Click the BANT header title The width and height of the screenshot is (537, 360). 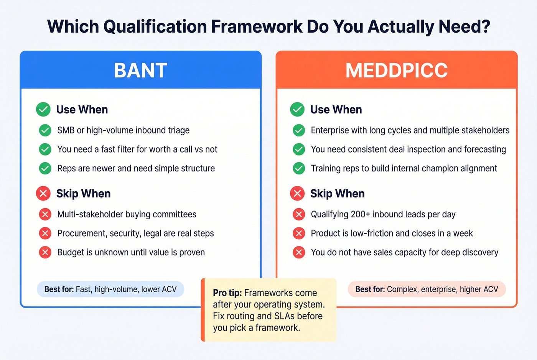(140, 71)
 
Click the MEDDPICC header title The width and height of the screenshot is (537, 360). (396, 71)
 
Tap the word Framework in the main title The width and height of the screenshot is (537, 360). (257, 27)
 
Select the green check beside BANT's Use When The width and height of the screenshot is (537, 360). (43, 110)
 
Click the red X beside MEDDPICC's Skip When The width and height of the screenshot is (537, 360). (297, 194)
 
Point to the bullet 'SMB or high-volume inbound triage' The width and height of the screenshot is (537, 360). (123, 130)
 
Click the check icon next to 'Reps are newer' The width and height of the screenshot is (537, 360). (45, 168)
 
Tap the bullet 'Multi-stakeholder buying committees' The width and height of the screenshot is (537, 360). (127, 214)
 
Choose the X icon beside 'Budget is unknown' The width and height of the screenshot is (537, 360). (45, 252)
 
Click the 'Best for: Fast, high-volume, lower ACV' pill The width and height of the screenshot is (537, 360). (110, 289)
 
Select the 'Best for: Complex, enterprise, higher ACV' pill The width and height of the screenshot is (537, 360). (427, 289)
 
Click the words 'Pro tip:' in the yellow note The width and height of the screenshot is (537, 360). (227, 293)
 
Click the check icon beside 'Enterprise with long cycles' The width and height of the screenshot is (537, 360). (299, 130)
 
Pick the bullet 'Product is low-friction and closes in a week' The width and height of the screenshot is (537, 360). (392, 233)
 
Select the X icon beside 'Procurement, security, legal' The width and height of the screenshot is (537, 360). (45, 233)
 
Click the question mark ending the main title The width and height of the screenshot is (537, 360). (485, 27)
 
